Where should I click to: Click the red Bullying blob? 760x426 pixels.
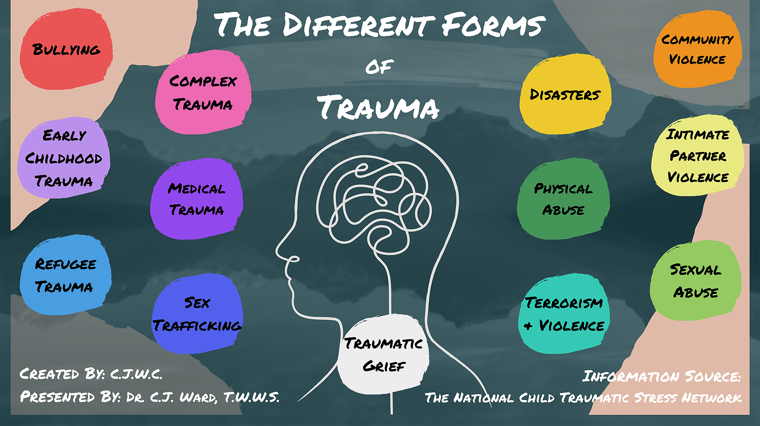pos(66,49)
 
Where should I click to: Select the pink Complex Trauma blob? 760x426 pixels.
pos(203,93)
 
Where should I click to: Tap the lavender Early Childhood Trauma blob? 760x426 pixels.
pos(64,158)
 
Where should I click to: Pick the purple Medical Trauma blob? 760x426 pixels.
pos(197,199)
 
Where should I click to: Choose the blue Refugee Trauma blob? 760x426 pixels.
pos(65,275)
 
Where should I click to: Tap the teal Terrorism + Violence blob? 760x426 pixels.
pos(564,314)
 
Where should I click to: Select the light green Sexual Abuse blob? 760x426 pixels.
pos(696,281)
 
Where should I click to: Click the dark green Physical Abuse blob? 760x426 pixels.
pos(563,199)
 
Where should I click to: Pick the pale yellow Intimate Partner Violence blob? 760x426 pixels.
pos(697,156)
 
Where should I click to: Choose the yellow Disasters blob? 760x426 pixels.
pos(565,94)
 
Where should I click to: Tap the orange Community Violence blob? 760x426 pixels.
pos(697,49)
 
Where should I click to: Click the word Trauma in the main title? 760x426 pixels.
pos(379,107)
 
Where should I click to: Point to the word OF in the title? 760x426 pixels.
pos(379,67)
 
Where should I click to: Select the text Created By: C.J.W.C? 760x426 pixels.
pos(91,374)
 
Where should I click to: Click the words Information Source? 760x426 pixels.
pos(662,376)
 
